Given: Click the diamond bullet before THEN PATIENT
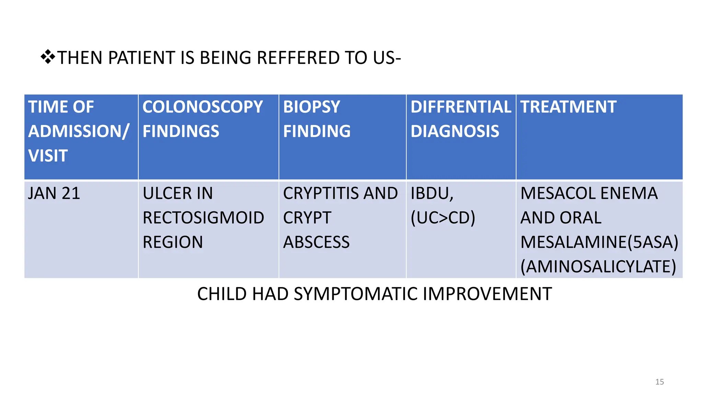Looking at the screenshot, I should click(48, 57).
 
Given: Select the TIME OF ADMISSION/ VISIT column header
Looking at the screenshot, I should click(81, 136).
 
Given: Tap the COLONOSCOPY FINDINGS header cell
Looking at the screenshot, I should click(208, 136).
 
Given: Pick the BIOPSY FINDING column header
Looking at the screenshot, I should click(342, 136).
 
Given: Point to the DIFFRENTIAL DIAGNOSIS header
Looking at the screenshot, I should click(461, 136).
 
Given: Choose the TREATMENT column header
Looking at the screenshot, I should click(599, 136).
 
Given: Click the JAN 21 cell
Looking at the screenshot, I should click(54, 193).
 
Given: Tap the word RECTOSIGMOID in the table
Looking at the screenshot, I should click(203, 218).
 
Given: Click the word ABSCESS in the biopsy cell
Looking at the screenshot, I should click(316, 242).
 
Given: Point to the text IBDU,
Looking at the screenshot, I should click(432, 193).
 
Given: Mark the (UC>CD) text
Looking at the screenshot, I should click(443, 218).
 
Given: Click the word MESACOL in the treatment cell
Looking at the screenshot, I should click(558, 193).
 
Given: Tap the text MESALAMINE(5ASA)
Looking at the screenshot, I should click(599, 242).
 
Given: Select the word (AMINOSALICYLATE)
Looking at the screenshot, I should click(598, 267).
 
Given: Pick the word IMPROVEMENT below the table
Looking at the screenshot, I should click(487, 294).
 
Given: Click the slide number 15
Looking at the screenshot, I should click(659, 382).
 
